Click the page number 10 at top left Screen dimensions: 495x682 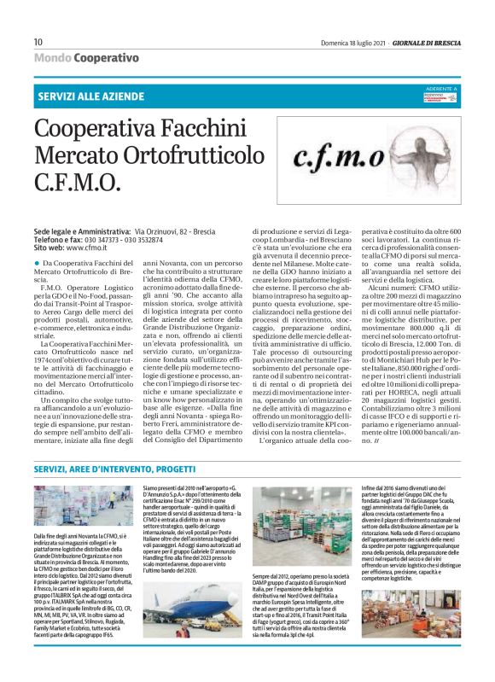38,42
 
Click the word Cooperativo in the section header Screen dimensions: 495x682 106,57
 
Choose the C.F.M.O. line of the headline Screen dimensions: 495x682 77,182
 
